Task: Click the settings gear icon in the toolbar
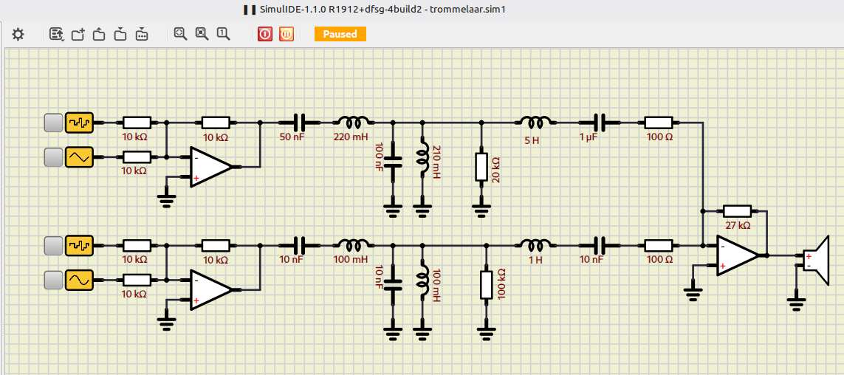click(x=18, y=35)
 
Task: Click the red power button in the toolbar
click(x=265, y=35)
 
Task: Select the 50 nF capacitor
click(x=299, y=123)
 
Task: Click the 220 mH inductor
click(x=352, y=122)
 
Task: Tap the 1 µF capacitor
click(x=600, y=123)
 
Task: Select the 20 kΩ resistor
click(x=481, y=166)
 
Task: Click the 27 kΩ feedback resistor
click(x=737, y=211)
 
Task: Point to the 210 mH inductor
click(x=422, y=159)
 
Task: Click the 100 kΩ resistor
click(x=486, y=285)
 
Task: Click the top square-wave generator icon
click(x=79, y=123)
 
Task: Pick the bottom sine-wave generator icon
click(x=79, y=281)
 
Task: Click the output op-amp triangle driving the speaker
click(x=737, y=255)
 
